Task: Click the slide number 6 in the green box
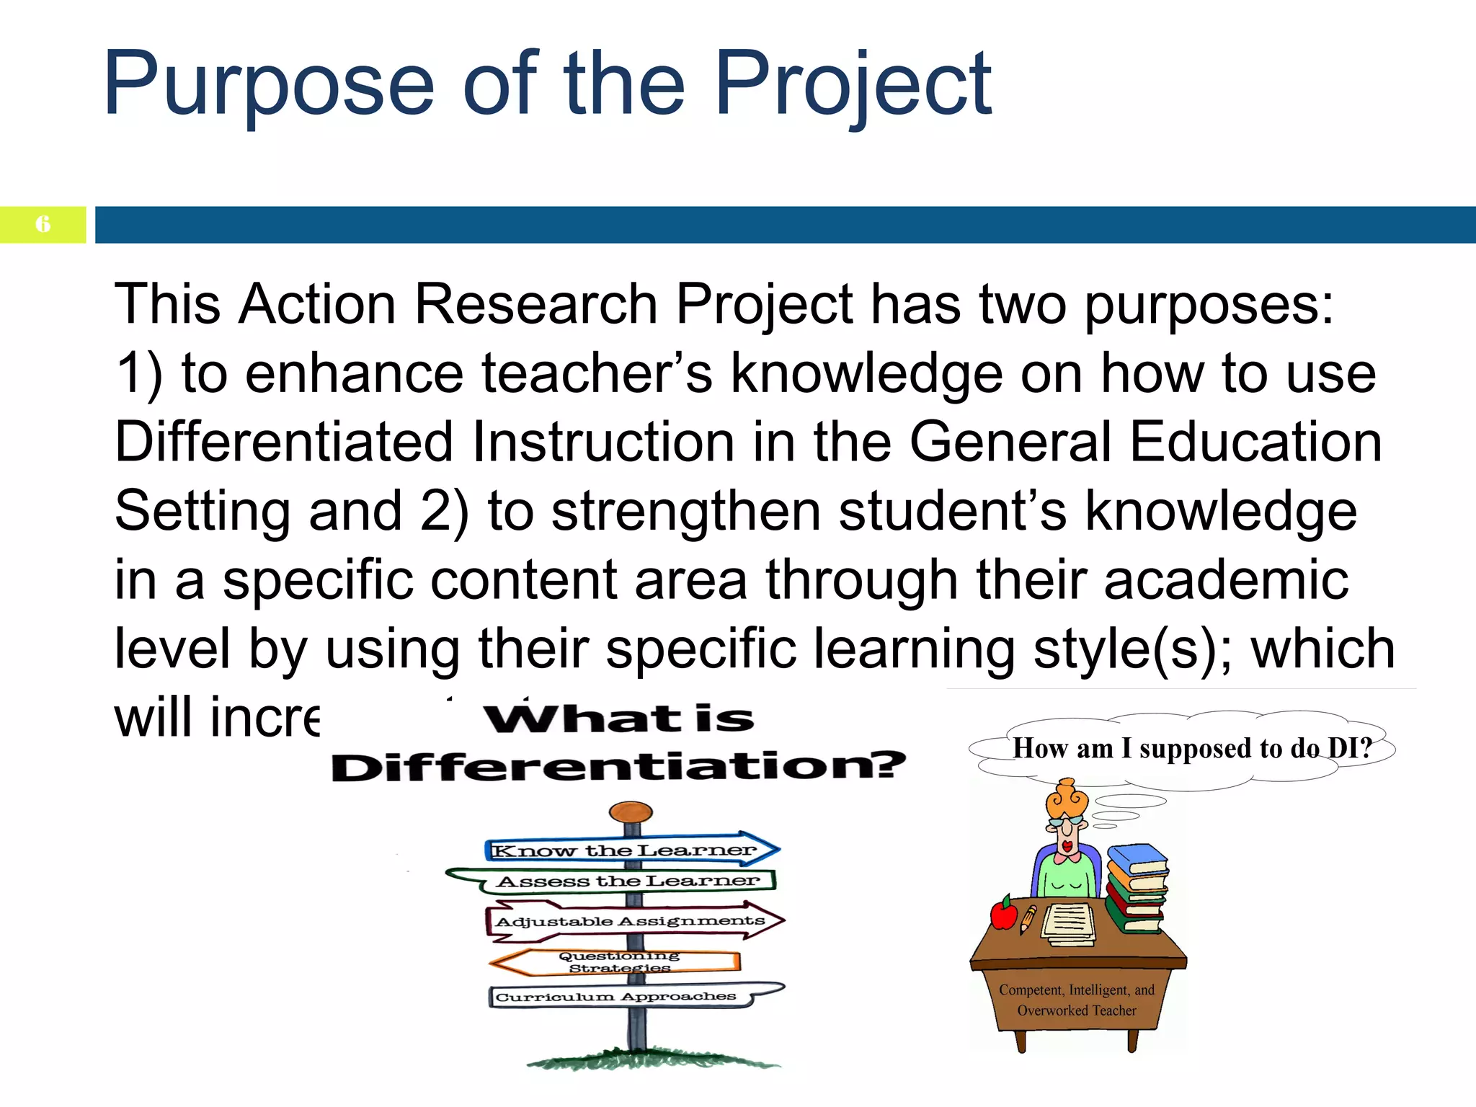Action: click(43, 224)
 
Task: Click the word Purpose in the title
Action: click(268, 85)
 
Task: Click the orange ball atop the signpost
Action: click(631, 813)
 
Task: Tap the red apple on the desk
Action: click(1003, 915)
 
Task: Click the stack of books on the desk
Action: click(1137, 889)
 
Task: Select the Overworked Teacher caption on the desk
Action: click(1076, 1000)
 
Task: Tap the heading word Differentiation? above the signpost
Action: click(618, 766)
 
